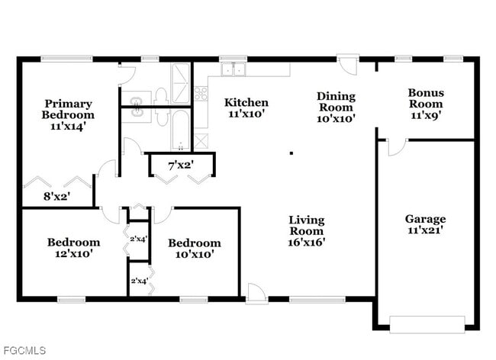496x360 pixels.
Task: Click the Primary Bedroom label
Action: tap(68, 114)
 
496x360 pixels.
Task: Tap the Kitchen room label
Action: tap(246, 108)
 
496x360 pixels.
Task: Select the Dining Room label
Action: tap(336, 107)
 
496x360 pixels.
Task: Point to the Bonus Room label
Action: tap(426, 104)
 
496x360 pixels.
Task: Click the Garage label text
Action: tap(425, 223)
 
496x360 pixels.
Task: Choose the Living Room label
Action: tap(307, 231)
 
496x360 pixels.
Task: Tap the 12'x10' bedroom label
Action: tap(73, 248)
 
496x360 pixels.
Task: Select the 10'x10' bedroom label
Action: tap(195, 249)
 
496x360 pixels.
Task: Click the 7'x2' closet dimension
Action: tap(181, 164)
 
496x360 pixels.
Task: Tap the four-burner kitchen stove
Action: tap(201, 94)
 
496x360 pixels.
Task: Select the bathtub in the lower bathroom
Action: tap(180, 129)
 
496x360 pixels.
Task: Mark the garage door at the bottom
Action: tap(427, 323)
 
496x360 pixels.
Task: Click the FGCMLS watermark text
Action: tap(24, 350)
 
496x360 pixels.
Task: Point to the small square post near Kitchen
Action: tap(291, 153)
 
